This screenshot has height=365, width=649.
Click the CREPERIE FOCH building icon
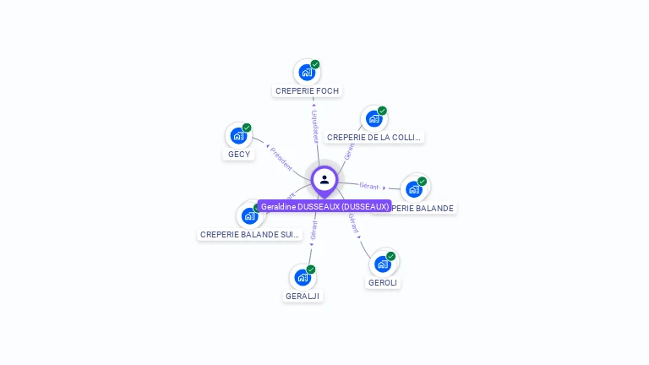306,73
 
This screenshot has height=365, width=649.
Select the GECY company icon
238,136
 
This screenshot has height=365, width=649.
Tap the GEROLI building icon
382,264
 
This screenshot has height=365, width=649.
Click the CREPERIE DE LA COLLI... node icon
374,119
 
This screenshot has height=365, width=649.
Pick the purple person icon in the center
324,179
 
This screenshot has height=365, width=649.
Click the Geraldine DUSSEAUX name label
324,206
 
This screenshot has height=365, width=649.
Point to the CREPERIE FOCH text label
308,90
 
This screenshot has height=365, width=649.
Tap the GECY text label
239,154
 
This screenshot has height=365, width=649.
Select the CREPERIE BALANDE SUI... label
249,234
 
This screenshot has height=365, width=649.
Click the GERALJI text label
303,296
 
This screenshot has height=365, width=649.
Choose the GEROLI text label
383,282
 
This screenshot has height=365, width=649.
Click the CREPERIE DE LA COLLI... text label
374,137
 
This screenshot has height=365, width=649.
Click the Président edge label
281,158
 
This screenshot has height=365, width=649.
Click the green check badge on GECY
247,128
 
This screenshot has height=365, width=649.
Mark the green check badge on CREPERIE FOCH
315,64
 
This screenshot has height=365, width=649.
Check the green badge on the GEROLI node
390,256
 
